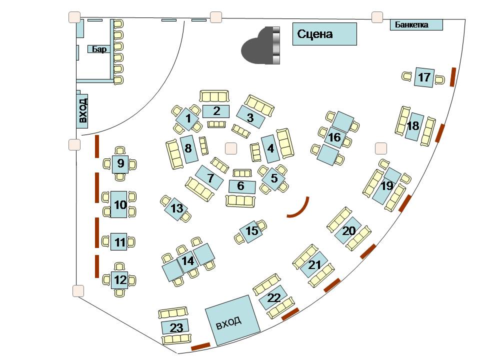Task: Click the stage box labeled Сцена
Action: [x=324, y=34]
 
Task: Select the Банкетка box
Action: [x=416, y=24]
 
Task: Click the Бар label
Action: [x=99, y=49]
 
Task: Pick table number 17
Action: [x=424, y=77]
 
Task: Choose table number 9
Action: [x=120, y=163]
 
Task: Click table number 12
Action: [x=120, y=280]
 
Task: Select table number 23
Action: [x=174, y=327]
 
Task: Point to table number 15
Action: [x=252, y=231]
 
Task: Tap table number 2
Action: [x=216, y=111]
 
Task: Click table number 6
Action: [x=242, y=186]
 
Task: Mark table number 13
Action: [x=176, y=209]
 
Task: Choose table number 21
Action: [x=314, y=265]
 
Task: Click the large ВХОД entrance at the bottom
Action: [x=232, y=320]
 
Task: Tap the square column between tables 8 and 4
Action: [x=230, y=148]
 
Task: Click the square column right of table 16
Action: [x=381, y=148]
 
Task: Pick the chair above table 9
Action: [x=120, y=150]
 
